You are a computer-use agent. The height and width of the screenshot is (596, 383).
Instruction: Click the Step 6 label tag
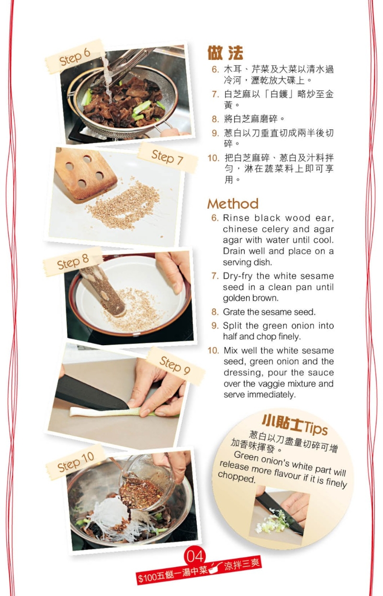[x=74, y=57]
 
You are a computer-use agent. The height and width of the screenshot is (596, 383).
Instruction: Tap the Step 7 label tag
[x=167, y=157]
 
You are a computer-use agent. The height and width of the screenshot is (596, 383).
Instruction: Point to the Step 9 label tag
[x=175, y=365]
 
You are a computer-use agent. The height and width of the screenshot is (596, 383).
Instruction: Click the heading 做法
[x=225, y=53]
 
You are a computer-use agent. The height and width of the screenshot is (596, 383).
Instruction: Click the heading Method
[x=233, y=204]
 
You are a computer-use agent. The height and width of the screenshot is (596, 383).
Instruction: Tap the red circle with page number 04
[x=195, y=556]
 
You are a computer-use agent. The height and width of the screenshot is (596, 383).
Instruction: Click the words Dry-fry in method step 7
[x=238, y=276]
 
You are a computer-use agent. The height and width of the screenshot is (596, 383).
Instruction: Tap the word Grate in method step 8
[x=233, y=312]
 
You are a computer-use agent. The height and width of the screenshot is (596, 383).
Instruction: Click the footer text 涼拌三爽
[x=242, y=564]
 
